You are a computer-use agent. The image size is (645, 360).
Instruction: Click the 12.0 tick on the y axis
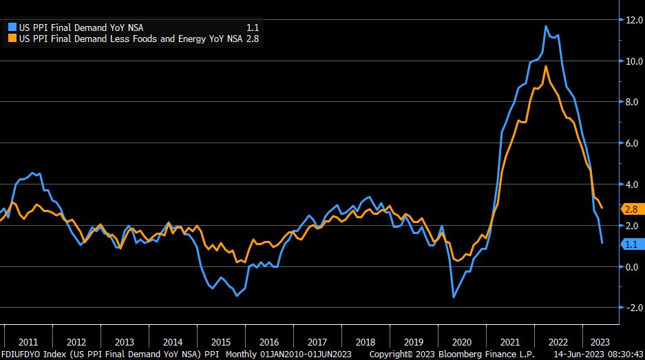tap(633, 20)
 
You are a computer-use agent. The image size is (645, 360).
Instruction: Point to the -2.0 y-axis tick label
tap(631, 308)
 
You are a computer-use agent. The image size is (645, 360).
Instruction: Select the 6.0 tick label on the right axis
tap(633, 143)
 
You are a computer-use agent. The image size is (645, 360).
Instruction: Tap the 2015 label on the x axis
tap(221, 341)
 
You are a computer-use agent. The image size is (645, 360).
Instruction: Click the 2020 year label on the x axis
tap(461, 341)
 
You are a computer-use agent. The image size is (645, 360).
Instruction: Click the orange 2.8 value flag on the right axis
tap(632, 209)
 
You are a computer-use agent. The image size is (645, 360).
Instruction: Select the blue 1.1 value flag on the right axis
tap(632, 244)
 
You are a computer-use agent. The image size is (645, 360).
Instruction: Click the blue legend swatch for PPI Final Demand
tap(12, 27)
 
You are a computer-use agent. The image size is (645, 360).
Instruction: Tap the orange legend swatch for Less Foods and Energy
tap(12, 39)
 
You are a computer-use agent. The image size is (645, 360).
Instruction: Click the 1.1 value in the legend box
tap(253, 27)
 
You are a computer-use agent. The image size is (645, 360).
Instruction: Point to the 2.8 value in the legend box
tap(253, 39)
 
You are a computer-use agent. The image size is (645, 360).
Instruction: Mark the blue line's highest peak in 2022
tap(546, 26)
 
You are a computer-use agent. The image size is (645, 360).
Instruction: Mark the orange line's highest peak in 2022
tap(546, 66)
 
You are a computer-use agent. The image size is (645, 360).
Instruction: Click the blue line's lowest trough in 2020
tap(454, 297)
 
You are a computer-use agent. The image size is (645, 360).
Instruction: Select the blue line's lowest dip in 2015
tap(236, 296)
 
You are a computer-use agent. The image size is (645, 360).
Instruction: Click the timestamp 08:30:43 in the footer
tap(623, 354)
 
